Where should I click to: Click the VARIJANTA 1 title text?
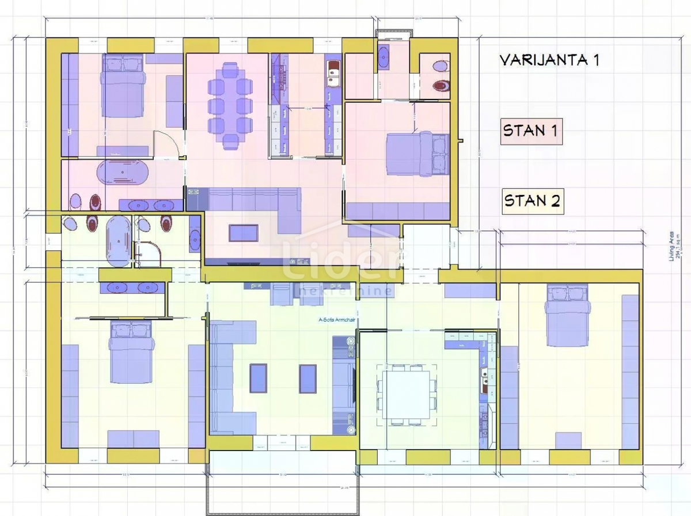point(549,60)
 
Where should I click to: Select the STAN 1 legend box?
point(530,131)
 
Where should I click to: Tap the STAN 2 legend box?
point(532,201)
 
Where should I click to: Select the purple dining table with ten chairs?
point(230,105)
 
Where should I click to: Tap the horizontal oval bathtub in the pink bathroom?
point(123,173)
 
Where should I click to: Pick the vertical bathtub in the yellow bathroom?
point(119,241)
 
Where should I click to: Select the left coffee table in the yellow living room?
point(258,378)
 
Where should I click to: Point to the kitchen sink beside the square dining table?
point(484,377)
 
